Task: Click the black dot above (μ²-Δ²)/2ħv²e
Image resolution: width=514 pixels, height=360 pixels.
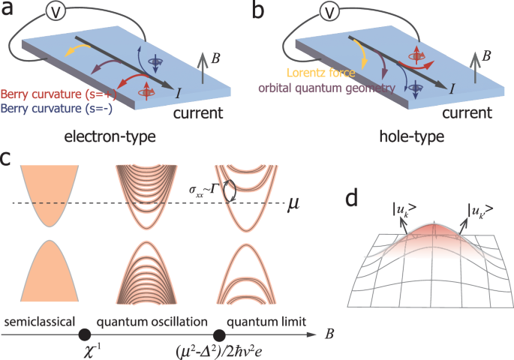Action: click(219, 337)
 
